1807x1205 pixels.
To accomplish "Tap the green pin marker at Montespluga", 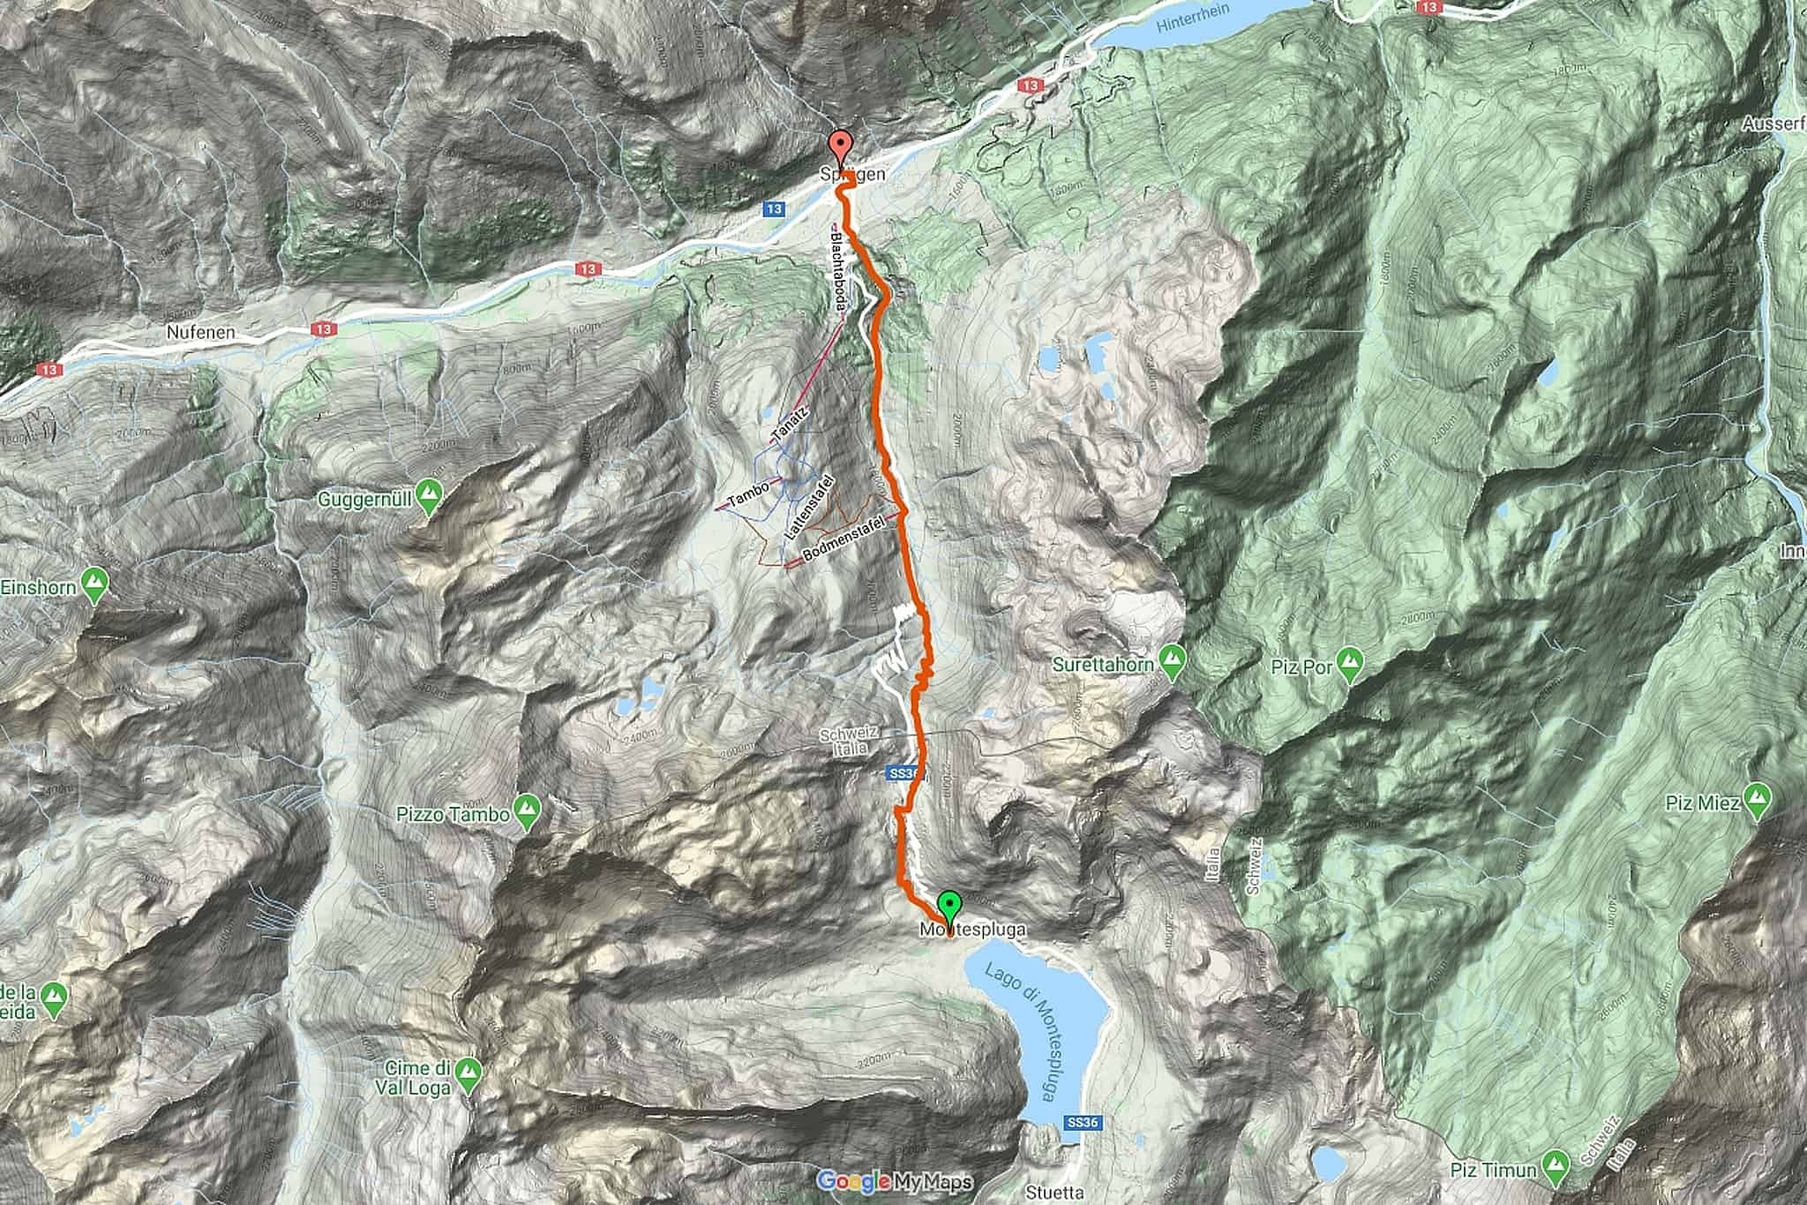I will pos(948,907).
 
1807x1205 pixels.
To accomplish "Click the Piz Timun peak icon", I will pos(1558,1171).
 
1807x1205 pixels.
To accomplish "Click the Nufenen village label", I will pos(200,333).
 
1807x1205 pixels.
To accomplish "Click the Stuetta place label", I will pos(1055,1193).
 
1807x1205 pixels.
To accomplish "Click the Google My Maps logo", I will pos(894,1181).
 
